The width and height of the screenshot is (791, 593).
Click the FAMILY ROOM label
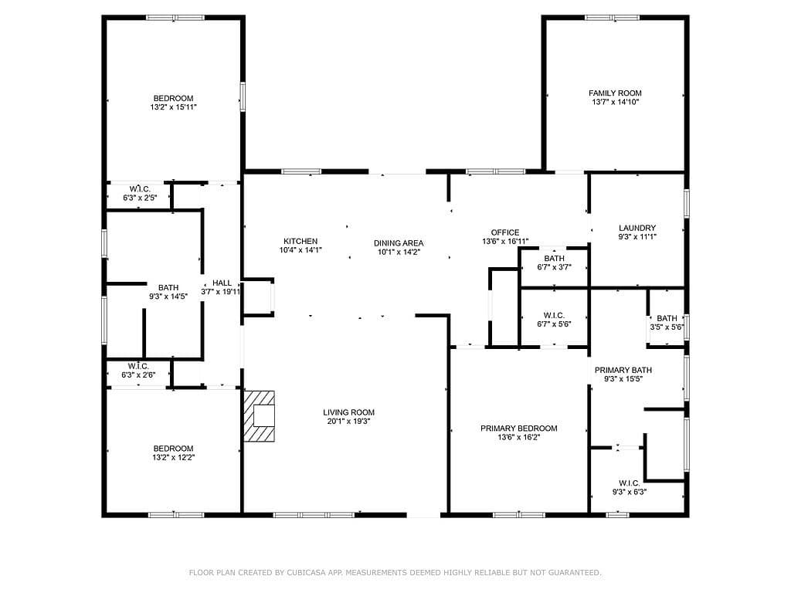point(615,93)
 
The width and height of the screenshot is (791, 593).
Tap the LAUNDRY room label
point(637,228)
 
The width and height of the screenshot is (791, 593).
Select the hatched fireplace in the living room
point(260,416)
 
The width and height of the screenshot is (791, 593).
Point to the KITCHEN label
point(300,242)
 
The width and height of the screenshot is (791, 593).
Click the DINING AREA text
point(399,243)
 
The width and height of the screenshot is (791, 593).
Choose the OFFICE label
point(505,232)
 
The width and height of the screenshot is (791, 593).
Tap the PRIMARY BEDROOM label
point(518,429)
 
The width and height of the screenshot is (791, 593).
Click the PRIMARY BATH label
point(623,370)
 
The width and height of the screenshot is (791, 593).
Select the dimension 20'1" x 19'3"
point(348,421)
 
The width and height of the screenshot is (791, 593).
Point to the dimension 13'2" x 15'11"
point(173,107)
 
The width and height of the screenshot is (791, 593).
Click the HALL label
point(222,283)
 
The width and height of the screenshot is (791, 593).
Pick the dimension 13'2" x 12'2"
point(174,457)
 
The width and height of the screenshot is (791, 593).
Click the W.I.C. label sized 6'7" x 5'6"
point(554,316)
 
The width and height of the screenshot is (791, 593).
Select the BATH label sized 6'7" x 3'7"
point(554,259)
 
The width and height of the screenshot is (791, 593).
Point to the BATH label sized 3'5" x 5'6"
point(667,318)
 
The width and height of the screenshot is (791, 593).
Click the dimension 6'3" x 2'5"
point(140,198)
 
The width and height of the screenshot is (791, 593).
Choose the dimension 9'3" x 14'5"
point(168,296)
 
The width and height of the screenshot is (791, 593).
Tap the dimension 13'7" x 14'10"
point(616,102)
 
